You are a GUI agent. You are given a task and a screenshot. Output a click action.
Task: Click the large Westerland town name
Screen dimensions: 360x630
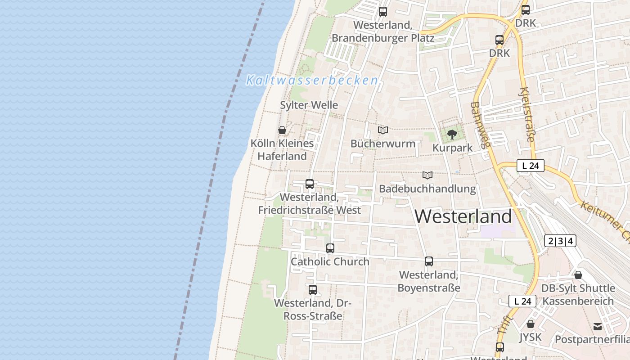click(463, 216)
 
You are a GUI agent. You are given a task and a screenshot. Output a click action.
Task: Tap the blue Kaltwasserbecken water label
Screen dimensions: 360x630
click(312, 81)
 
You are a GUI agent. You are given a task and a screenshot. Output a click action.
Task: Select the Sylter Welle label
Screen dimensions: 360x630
click(309, 105)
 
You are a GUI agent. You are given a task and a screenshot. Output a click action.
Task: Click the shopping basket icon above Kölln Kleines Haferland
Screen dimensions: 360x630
click(282, 130)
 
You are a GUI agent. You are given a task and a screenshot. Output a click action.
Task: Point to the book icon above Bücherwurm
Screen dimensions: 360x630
click(383, 130)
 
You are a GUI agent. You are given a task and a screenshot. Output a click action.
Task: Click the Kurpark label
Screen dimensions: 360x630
click(452, 148)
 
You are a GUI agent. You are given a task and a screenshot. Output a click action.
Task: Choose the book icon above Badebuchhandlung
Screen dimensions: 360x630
click(427, 175)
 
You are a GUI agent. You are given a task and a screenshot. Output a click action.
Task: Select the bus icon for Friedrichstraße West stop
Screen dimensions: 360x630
click(310, 184)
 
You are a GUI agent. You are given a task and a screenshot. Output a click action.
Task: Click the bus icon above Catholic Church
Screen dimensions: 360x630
click(330, 248)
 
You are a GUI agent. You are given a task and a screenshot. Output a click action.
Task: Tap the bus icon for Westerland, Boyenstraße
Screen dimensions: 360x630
click(429, 261)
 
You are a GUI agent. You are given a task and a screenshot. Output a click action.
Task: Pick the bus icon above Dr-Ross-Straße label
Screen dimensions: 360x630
click(313, 289)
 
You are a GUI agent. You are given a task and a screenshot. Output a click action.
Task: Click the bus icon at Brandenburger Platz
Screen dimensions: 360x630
click(383, 12)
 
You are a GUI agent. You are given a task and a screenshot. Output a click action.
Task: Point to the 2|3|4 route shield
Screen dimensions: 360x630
click(560, 241)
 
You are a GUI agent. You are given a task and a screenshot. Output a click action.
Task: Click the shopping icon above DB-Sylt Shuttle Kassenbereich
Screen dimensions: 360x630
click(578, 274)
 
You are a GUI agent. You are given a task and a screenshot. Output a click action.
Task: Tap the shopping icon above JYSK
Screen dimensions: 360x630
click(531, 324)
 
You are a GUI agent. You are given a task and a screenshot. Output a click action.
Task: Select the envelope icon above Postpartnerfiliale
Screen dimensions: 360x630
click(598, 326)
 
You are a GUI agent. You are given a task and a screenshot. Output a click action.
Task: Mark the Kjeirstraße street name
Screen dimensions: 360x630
click(527, 115)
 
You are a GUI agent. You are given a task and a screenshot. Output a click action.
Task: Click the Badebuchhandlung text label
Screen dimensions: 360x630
click(427, 189)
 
